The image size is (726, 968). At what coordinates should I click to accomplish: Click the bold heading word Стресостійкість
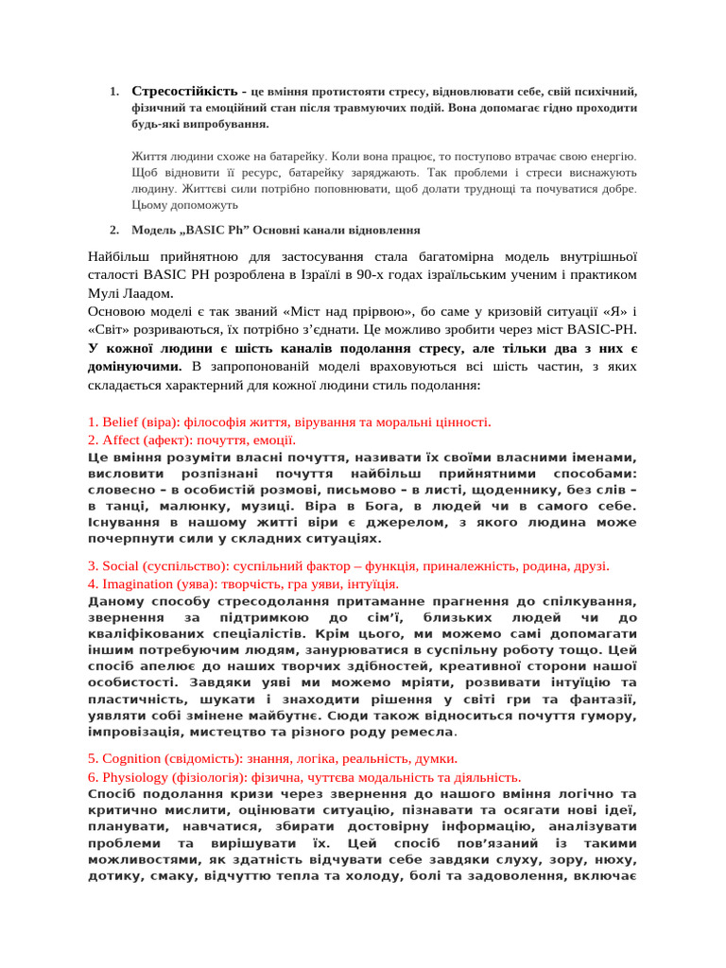coord(184,92)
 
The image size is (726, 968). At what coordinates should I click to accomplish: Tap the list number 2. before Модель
coord(113,230)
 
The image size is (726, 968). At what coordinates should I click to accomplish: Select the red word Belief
coord(121,422)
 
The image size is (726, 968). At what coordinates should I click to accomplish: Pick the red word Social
coord(120,566)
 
